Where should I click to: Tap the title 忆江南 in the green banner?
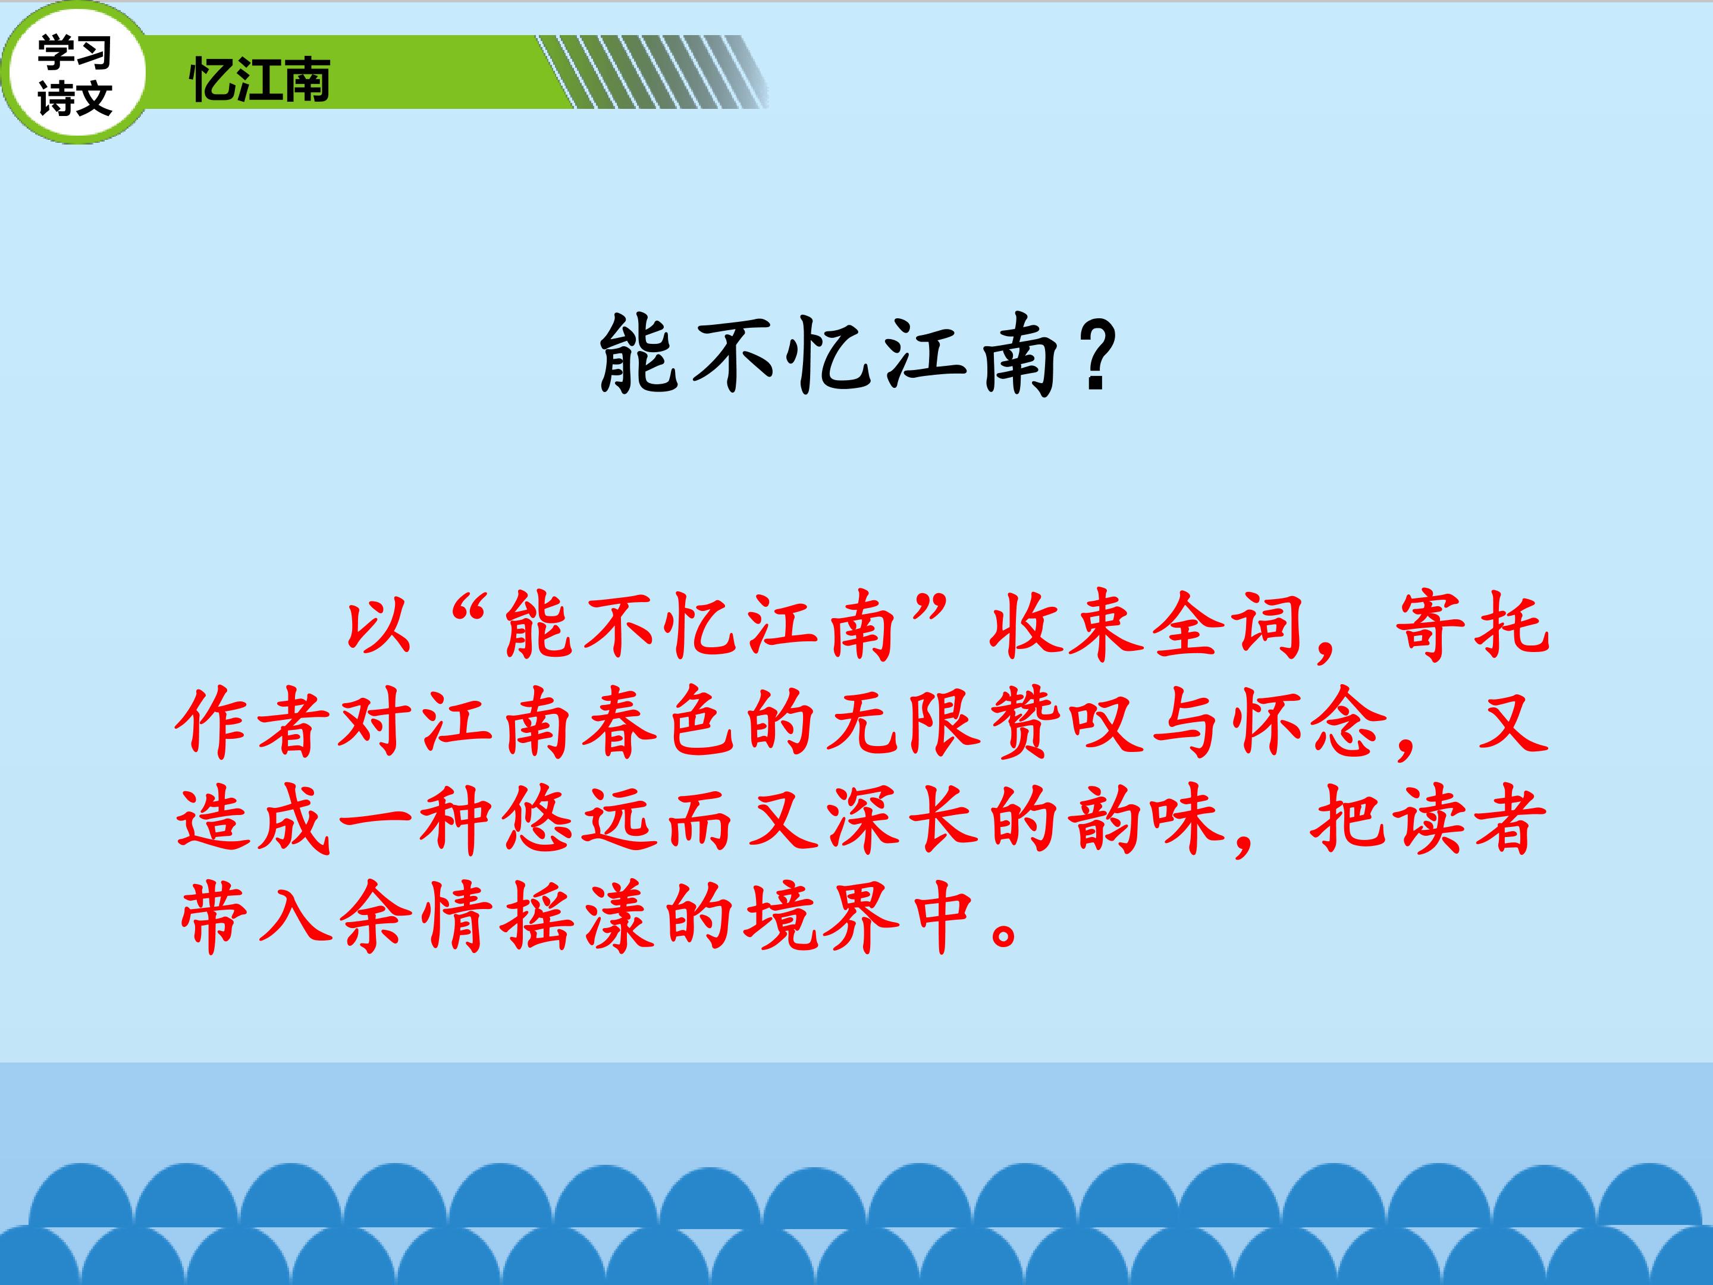click(x=260, y=79)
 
